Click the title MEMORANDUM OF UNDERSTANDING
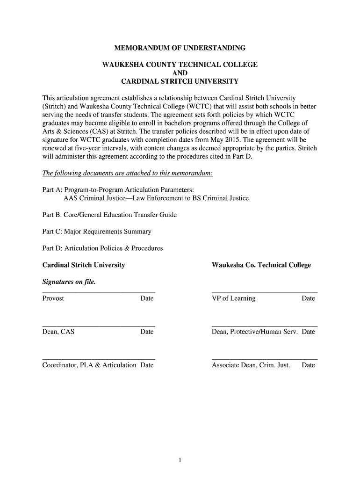pyautogui.click(x=180, y=48)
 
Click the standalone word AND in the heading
pyautogui.click(x=180, y=73)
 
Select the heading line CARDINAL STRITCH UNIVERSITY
pyautogui.click(x=180, y=81)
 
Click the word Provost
pyautogui.click(x=53, y=298)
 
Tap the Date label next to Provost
pyautogui.click(x=147, y=298)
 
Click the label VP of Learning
pyautogui.click(x=234, y=298)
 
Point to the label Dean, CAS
pyautogui.click(x=58, y=332)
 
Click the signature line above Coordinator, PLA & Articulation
pyautogui.click(x=99, y=359)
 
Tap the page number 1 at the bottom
pyautogui.click(x=180, y=460)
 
